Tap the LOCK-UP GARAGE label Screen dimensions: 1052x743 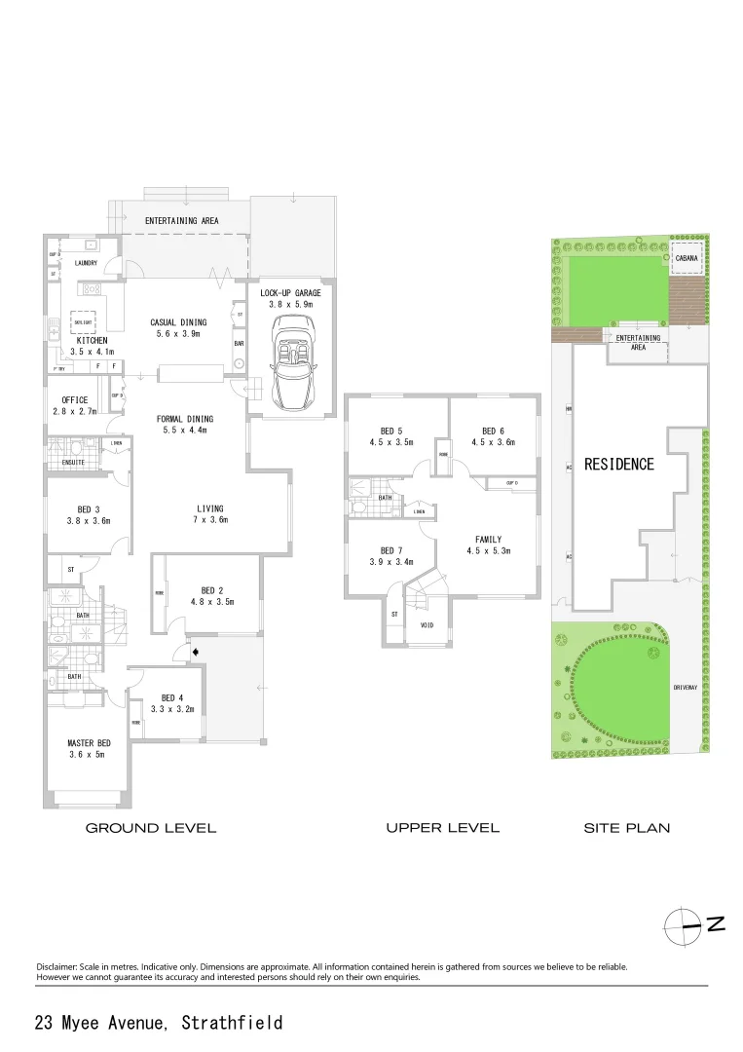point(290,292)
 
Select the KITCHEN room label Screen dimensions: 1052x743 point(93,340)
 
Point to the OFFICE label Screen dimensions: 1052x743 point(75,400)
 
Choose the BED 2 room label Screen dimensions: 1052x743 point(212,590)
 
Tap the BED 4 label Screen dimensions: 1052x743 point(172,697)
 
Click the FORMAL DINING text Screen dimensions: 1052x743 point(187,419)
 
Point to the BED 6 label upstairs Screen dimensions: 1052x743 point(493,431)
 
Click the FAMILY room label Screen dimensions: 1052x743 point(488,539)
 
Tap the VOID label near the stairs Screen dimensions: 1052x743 point(427,625)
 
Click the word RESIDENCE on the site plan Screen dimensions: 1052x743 point(618,465)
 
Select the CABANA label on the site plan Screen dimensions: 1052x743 point(687,258)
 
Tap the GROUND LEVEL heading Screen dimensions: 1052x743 point(151,828)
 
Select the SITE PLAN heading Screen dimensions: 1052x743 point(626,828)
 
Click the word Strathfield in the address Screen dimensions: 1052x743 point(232,1023)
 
